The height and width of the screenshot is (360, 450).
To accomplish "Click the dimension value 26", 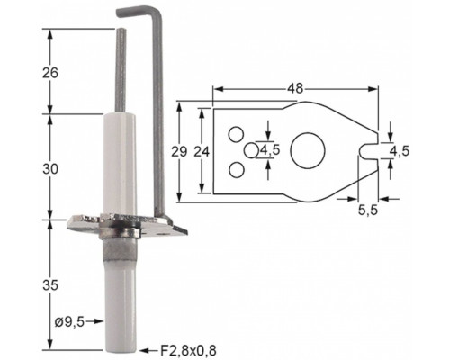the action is click(50, 73).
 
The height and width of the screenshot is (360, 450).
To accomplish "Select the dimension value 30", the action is click(50, 169).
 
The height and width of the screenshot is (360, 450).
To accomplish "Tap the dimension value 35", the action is click(50, 285).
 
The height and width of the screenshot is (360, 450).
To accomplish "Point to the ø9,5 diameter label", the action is click(69, 322).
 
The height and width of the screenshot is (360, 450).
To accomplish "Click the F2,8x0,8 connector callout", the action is click(188, 351).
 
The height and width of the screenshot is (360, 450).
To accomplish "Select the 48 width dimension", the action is click(295, 88).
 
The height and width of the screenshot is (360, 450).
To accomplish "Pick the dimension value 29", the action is click(179, 152).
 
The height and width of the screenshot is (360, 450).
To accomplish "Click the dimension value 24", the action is click(202, 152).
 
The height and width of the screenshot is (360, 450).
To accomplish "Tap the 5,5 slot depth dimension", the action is click(368, 211).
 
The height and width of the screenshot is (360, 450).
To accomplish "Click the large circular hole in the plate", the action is click(308, 150).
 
